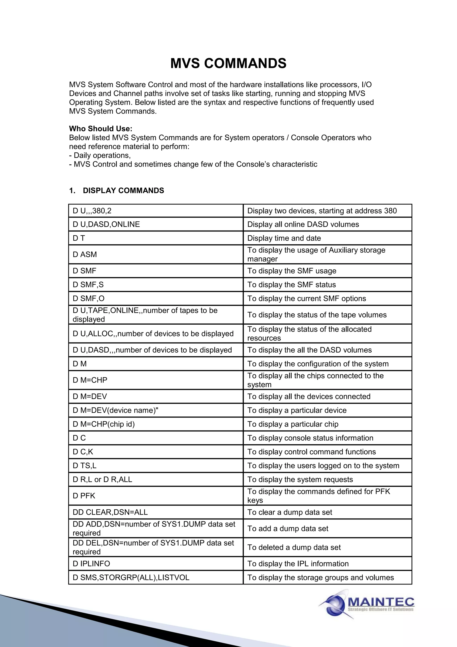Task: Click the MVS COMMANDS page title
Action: pyautogui.click(x=228, y=63)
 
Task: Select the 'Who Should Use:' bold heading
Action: pyautogui.click(x=100, y=129)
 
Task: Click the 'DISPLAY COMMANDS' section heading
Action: pyautogui.click(x=123, y=191)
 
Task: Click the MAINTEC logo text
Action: pyautogui.click(x=381, y=602)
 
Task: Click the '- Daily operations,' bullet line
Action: pyautogui.click(x=100, y=155)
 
